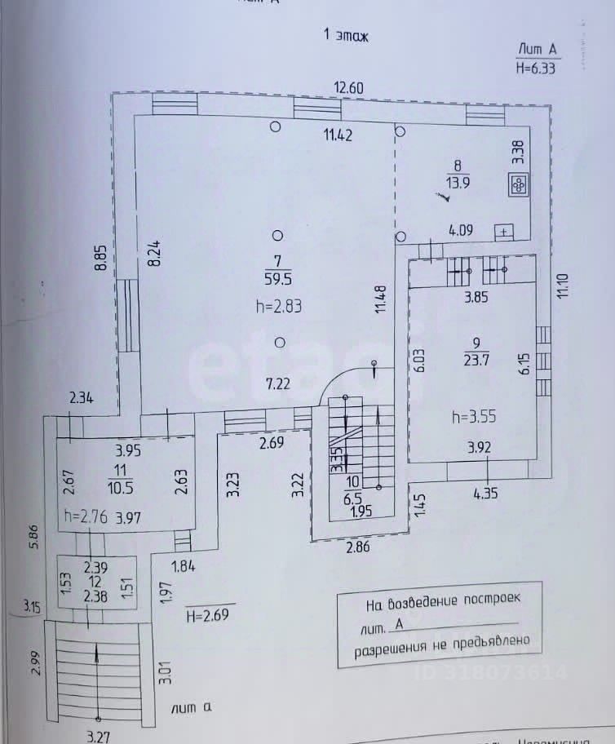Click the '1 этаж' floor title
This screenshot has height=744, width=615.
347,35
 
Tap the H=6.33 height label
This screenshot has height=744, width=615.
536,69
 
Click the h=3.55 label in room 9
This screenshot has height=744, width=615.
474,416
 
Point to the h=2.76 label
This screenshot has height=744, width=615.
86,516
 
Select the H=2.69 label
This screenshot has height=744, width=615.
210,613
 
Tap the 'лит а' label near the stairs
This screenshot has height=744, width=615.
192,709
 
